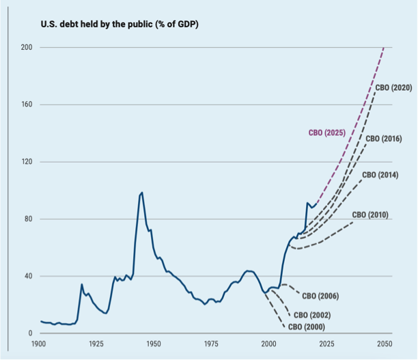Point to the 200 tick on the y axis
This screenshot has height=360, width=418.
pos(28,48)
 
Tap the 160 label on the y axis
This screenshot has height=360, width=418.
pos(28,105)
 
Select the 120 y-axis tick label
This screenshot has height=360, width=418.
pos(28,163)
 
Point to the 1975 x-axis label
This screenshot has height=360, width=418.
pos(211,344)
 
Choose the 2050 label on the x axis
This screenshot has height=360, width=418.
pos(384,344)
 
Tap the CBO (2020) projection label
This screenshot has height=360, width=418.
pos(393,87)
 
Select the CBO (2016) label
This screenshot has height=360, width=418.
pos(383,139)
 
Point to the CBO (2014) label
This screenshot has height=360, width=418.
pos(379,175)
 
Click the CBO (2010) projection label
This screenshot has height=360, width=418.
pos(370,215)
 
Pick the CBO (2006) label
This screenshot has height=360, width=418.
pos(320,296)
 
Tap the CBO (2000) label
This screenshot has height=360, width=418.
pos(307,327)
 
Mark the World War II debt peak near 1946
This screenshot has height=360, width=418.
pos(142,193)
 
